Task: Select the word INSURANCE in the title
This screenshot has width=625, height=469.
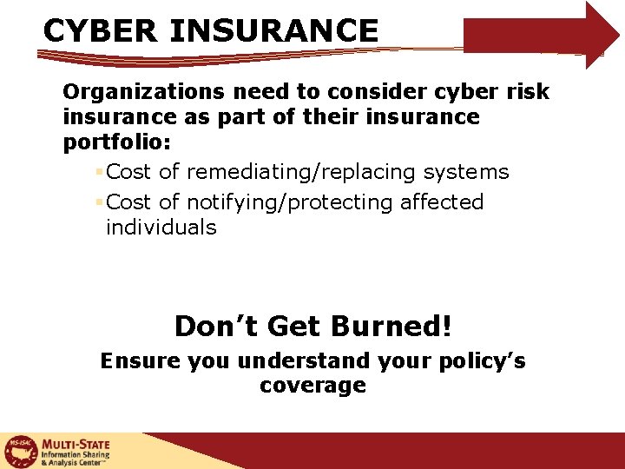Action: click(x=274, y=31)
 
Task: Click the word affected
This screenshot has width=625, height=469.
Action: click(x=442, y=202)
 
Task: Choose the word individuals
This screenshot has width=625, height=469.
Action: click(x=161, y=228)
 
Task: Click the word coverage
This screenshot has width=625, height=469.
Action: click(x=312, y=386)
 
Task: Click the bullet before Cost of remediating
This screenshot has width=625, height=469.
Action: click(x=100, y=172)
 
